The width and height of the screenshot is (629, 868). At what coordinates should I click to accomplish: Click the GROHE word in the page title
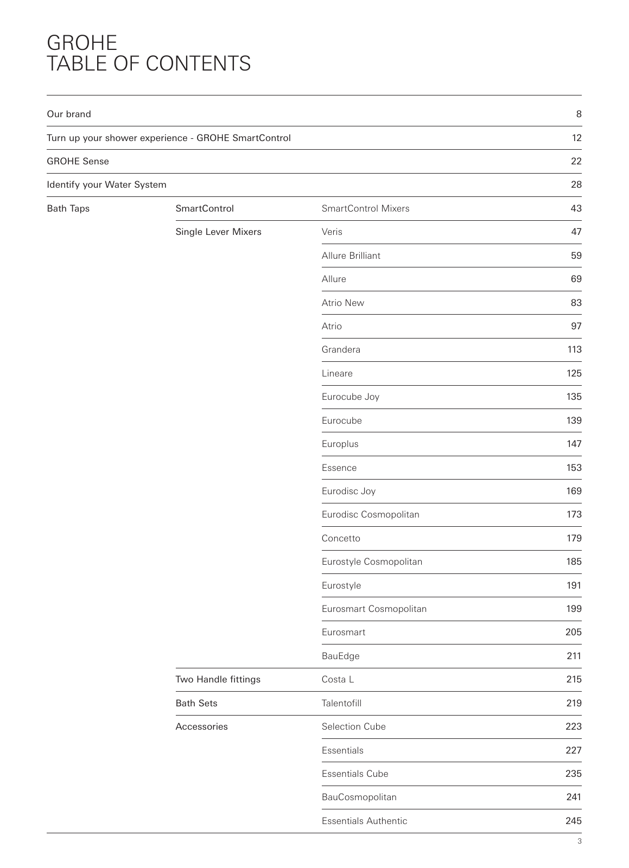tap(82, 43)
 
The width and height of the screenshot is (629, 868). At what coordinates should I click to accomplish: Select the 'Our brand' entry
tap(69, 114)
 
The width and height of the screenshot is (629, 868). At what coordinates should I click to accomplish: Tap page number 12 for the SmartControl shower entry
tap(576, 138)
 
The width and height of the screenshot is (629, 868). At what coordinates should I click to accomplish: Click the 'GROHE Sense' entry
tap(78, 161)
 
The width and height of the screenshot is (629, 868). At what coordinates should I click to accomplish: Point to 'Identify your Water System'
tap(106, 184)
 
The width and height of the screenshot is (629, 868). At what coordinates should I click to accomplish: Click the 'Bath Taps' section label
tap(68, 208)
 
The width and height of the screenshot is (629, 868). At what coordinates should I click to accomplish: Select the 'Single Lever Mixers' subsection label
tap(218, 232)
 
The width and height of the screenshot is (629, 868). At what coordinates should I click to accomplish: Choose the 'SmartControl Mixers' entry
tap(365, 208)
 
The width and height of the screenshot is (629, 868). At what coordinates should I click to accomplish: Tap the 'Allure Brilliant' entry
tap(351, 256)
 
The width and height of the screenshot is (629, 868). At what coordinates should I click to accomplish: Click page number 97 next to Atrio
tap(576, 326)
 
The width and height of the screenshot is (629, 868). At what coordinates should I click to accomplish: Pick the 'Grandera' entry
tap(341, 349)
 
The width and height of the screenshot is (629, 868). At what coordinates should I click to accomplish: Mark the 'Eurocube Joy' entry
tap(350, 397)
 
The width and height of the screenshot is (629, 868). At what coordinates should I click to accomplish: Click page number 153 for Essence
tap(574, 468)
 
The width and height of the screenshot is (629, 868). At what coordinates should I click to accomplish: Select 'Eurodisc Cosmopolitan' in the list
tap(370, 514)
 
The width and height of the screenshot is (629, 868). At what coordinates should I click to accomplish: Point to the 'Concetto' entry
tap(341, 538)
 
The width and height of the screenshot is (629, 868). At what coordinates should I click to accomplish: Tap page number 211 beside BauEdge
tap(574, 656)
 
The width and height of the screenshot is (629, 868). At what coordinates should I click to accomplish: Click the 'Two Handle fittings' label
tap(218, 679)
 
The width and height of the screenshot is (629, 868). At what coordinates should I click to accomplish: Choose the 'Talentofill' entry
tap(341, 703)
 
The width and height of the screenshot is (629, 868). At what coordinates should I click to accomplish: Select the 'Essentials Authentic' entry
tap(364, 821)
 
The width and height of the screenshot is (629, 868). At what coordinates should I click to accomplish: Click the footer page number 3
tap(580, 841)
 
